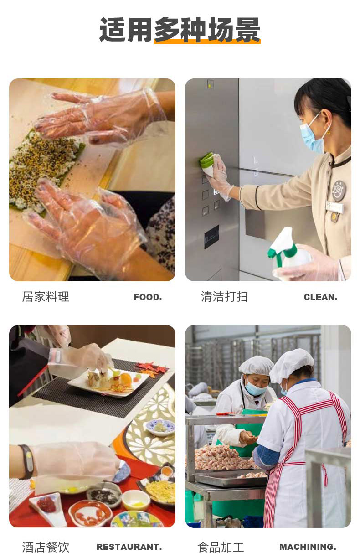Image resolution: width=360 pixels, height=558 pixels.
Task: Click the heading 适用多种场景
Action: tap(180, 30)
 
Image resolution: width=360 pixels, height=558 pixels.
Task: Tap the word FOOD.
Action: tap(148, 297)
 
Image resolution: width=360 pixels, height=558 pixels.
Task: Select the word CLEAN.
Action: tap(320, 297)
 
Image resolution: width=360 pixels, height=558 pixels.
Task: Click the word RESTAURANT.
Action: tap(129, 547)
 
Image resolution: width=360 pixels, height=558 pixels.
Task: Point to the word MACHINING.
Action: tap(308, 547)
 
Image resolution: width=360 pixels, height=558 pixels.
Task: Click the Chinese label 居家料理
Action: tap(46, 297)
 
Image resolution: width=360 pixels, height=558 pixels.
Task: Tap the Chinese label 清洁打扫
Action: tap(224, 297)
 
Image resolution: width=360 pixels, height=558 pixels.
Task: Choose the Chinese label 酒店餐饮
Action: tap(46, 547)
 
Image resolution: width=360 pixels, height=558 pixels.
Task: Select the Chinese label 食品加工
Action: tap(221, 547)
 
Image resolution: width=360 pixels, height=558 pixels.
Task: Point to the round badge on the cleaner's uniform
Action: tap(339, 191)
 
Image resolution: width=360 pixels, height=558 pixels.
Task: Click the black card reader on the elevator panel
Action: tap(211, 237)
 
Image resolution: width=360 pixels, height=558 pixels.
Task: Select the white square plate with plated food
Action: tap(108, 382)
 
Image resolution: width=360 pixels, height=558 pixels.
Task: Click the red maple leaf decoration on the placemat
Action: tap(151, 368)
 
